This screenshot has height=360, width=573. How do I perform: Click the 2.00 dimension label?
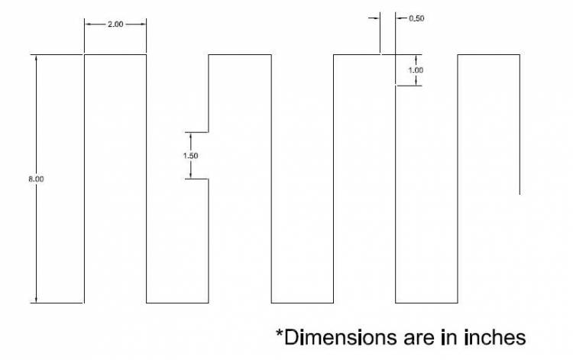115,24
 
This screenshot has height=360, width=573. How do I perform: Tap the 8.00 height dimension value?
36,179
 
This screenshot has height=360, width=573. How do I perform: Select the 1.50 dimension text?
190,156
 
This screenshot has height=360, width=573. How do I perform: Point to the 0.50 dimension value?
416,18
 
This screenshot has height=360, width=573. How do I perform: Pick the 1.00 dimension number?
416,70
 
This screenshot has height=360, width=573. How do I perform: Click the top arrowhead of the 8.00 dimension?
36,57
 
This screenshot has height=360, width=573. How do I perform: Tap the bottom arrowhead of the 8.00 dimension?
36,300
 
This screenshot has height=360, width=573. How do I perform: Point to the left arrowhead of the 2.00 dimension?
88,24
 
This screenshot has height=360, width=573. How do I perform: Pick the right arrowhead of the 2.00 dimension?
144,24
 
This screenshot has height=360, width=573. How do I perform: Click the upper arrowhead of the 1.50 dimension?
190,135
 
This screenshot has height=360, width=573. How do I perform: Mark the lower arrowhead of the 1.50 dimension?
190,176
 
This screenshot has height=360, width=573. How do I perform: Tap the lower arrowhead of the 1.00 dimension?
416,83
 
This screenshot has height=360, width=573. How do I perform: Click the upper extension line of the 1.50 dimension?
196,132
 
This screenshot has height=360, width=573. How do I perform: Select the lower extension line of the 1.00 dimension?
409,86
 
